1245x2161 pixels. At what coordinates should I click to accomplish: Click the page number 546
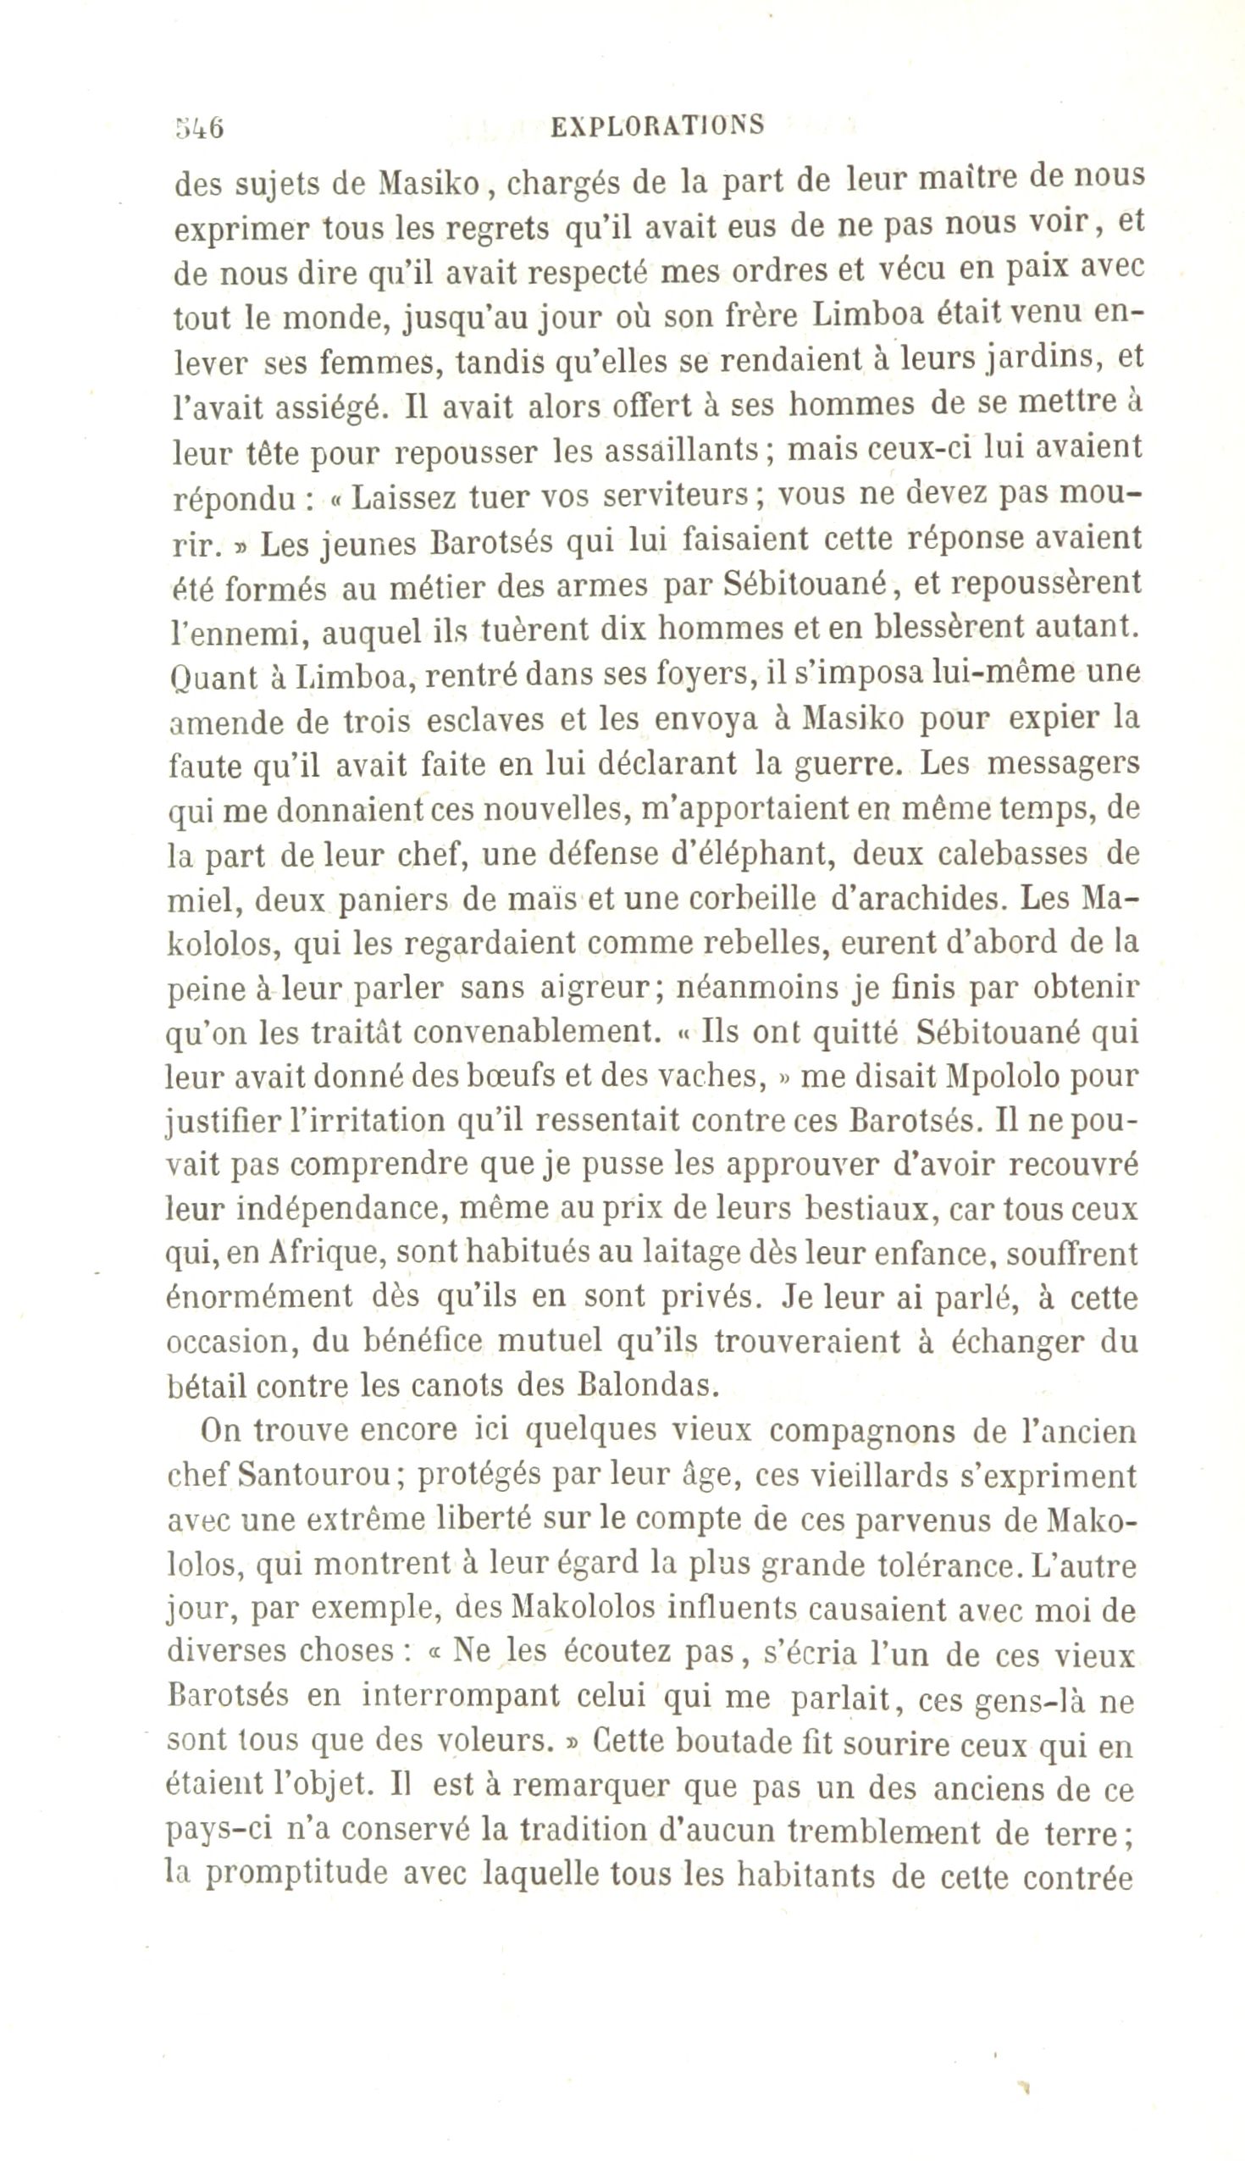click(x=199, y=127)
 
